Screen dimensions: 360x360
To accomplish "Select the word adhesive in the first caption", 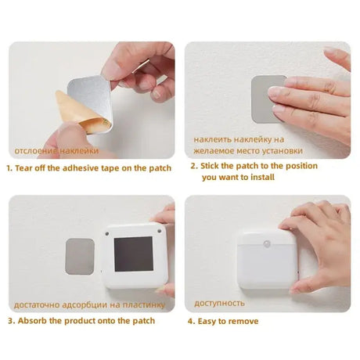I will click(x=90, y=167).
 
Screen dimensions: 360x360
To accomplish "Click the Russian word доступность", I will click(x=219, y=303).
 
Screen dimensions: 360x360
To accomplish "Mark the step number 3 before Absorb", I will click(x=9, y=320).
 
